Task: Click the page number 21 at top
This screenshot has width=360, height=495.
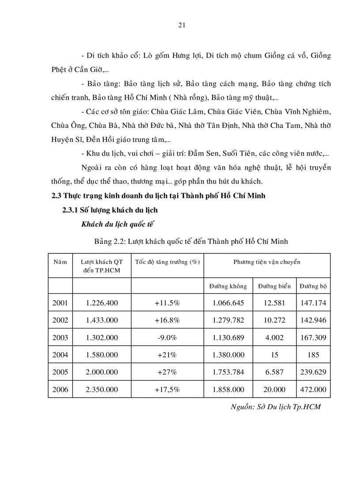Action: click(181, 25)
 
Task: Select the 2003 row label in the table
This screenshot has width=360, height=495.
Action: click(60, 338)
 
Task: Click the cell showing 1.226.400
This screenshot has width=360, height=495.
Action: click(102, 303)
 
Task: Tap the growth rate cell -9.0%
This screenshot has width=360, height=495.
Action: click(167, 338)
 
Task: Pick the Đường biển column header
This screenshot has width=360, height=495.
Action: click(274, 287)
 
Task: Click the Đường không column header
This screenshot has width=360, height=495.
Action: click(228, 287)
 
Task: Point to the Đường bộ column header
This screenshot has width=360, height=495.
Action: click(313, 287)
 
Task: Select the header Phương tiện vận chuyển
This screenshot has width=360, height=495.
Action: click(266, 262)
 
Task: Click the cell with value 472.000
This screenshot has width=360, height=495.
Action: click(313, 390)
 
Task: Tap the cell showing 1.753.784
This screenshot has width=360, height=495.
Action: click(228, 372)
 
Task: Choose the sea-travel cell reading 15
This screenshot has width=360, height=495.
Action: click(274, 355)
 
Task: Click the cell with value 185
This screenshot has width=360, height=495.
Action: click(313, 355)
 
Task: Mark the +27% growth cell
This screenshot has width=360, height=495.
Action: click(167, 372)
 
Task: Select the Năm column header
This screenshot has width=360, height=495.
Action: click(60, 262)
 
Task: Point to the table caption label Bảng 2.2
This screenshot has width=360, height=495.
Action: click(108, 241)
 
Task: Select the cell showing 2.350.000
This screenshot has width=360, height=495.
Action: click(102, 390)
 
